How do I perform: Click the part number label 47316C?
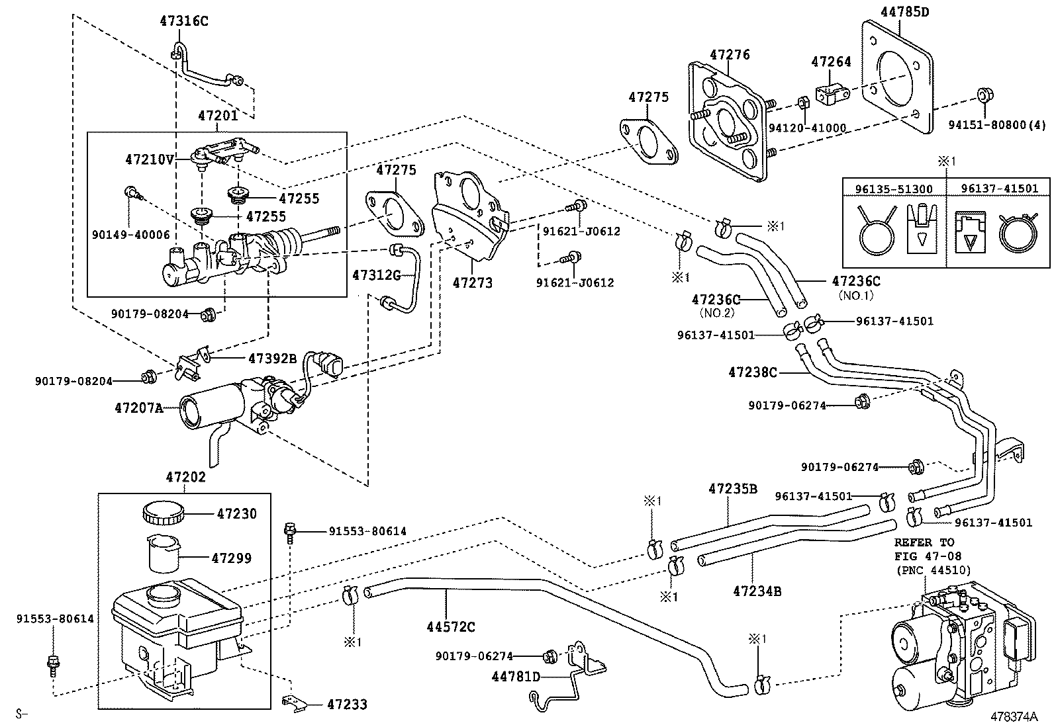(x=183, y=21)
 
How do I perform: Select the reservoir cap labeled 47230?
(x=162, y=513)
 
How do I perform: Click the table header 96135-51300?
(x=894, y=189)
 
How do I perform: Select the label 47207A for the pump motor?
(x=138, y=408)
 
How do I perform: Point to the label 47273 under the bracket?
(x=473, y=282)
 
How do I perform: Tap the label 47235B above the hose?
(x=732, y=489)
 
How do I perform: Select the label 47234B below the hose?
(x=757, y=591)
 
